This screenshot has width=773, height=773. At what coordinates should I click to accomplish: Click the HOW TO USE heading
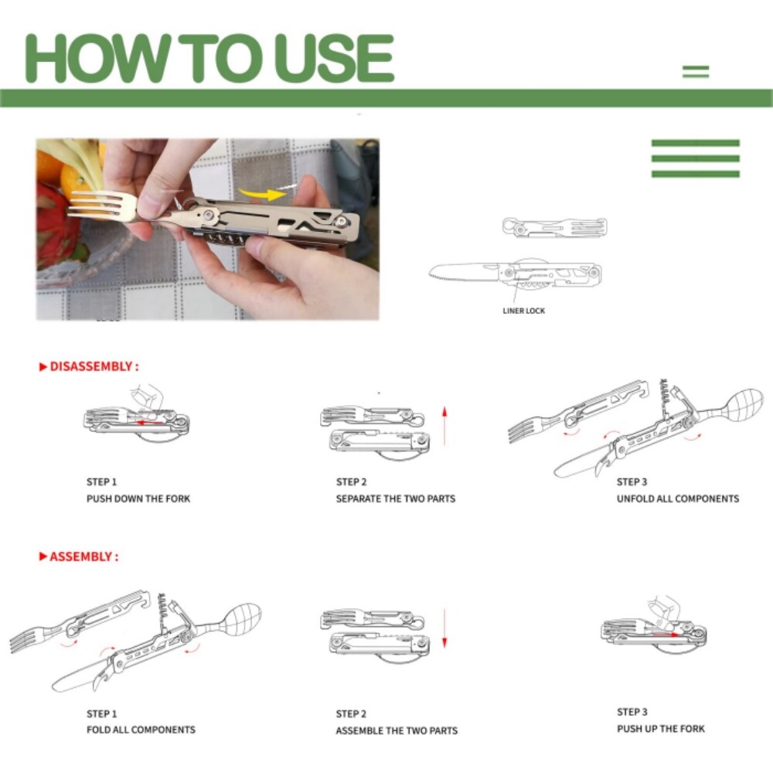pos(209,58)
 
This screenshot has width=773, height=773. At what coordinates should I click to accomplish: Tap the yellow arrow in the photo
pos(261,194)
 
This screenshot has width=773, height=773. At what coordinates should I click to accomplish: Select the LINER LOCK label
pos(523,311)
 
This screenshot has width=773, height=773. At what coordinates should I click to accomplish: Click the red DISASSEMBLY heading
pos(89,366)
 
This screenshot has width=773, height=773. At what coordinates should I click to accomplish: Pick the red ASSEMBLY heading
pos(79,557)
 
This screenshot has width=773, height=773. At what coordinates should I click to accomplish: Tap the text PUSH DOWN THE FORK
pos(138,499)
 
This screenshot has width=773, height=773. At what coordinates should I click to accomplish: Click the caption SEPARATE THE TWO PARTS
pos(395,499)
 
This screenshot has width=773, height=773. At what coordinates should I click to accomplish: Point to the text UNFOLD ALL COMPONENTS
pos(678,499)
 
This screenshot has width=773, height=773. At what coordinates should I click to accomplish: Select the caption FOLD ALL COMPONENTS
pos(141,730)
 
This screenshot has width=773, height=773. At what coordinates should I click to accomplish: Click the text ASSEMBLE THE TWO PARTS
pos(397,730)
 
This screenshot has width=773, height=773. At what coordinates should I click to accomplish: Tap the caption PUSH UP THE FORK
pos(661,729)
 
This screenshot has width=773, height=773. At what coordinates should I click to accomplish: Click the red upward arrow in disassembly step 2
pos(444,425)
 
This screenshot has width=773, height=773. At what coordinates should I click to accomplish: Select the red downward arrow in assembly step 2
pos(444,628)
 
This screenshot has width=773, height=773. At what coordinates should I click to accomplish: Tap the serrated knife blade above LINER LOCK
pos(463,272)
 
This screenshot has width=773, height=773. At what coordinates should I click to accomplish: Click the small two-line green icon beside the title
pos(696,72)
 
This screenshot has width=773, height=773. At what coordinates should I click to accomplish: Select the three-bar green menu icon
pos(696,158)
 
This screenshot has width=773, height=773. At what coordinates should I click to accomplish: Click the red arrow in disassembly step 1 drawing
pos(149,423)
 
